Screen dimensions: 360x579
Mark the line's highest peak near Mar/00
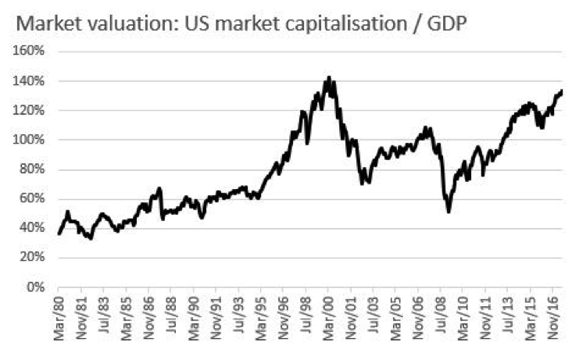329,77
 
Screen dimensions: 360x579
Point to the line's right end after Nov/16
562,91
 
